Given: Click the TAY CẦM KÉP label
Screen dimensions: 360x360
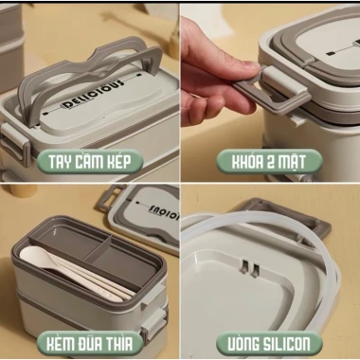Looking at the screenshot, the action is (x=90, y=161).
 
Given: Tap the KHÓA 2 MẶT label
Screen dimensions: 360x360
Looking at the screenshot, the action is (x=269, y=161).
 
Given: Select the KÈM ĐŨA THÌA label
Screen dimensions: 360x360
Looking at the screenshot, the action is (x=90, y=344).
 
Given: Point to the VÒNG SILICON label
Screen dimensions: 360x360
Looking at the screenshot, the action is (x=269, y=344).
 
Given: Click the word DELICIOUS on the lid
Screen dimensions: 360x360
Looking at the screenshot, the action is (x=92, y=95).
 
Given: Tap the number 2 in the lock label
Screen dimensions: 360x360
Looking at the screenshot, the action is (x=269, y=162).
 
